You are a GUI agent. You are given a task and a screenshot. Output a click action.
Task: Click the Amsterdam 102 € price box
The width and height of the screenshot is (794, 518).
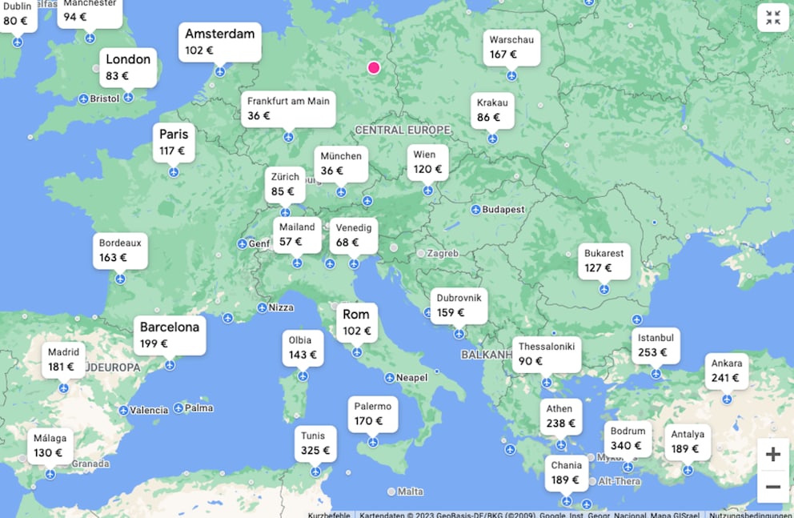pos(220,42)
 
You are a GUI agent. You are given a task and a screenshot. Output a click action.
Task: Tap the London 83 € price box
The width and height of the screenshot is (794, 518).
pos(128,67)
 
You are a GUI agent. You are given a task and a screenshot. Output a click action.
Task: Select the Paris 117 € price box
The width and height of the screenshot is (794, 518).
pos(173,142)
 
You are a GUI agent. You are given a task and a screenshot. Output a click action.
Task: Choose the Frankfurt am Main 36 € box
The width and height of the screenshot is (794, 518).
pos(287,108)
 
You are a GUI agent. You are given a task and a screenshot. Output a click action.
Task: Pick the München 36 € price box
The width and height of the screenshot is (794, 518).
pos(341,163)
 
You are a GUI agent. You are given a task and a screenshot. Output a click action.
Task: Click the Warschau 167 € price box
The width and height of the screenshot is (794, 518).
pos(511,47)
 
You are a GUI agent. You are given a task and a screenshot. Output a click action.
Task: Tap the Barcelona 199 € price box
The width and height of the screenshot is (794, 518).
pos(170,335)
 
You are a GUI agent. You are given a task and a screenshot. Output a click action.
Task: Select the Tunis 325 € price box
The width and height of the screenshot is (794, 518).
pos(314,443)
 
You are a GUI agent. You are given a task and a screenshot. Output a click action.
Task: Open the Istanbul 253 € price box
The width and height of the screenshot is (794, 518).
pos(656,345)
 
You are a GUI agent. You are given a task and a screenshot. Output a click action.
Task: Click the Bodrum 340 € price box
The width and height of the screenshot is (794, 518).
pos(627,438)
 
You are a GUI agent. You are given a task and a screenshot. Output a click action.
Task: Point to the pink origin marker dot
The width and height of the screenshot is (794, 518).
pos(374,68)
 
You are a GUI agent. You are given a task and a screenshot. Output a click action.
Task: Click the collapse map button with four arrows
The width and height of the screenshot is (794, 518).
pos(772,18)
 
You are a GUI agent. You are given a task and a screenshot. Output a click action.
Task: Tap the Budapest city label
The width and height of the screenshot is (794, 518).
pos(503,210)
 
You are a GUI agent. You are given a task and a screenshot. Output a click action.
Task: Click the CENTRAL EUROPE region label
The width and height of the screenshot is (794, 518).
pos(403,131)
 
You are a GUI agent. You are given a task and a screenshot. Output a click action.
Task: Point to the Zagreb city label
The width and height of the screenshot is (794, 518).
pos(443,254)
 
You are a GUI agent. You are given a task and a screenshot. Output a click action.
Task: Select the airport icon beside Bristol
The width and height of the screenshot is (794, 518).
pos(83,98)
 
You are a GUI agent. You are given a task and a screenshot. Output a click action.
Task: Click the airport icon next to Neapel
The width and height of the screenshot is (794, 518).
pos(389,378)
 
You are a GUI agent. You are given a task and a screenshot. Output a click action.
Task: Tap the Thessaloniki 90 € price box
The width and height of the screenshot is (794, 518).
pos(547,354)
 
